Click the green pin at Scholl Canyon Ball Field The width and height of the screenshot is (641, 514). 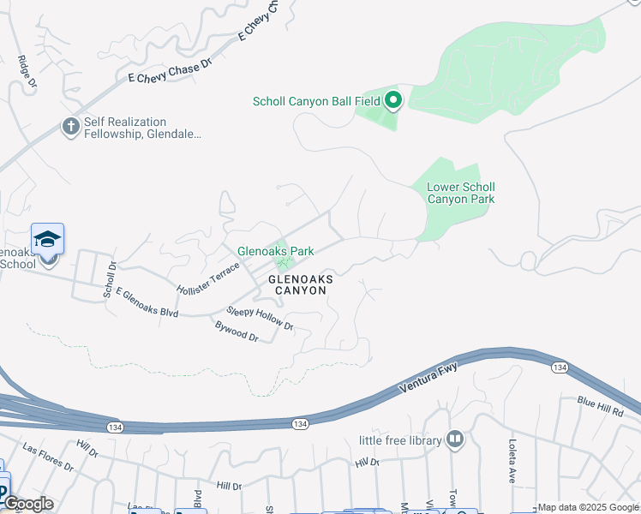[x=393, y=101]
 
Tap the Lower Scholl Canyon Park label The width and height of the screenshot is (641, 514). [x=461, y=193]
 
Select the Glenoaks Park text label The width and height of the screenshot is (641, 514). [x=276, y=251]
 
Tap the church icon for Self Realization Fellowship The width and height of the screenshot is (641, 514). [x=71, y=127]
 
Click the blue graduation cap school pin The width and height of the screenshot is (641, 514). [x=47, y=239]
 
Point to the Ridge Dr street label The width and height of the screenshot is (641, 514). [x=27, y=72]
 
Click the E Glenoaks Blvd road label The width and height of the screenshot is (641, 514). [x=147, y=302]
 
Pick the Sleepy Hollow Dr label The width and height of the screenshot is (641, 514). [x=260, y=319]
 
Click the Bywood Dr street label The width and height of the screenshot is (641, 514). [x=237, y=331]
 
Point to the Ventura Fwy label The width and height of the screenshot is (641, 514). [x=428, y=379]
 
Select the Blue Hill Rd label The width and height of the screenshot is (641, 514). [x=600, y=406]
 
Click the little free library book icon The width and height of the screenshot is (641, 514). [x=455, y=440]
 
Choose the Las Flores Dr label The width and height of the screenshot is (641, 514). [x=48, y=457]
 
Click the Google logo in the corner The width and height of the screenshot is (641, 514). [x=27, y=504]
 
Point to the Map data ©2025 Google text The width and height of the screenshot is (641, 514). [x=589, y=507]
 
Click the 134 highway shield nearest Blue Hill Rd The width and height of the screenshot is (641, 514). [x=559, y=367]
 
